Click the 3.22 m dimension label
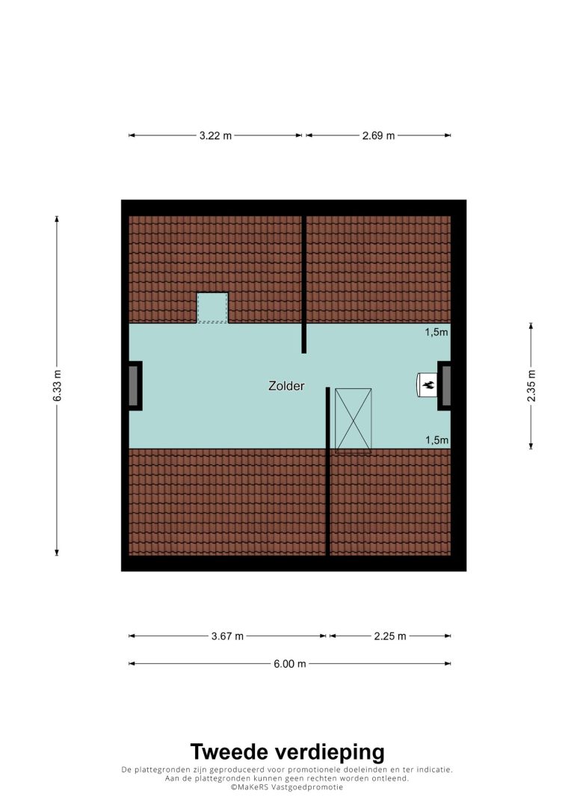215,135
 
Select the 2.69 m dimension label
378,135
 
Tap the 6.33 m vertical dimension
57,385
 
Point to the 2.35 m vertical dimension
531,386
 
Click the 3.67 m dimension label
227,636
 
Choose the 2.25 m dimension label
390,636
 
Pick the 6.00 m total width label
290,664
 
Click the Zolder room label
286,386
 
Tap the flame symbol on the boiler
428,385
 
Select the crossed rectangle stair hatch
353,420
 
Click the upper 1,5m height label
436,332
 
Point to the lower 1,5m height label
436,440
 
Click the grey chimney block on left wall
134,386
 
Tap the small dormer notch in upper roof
212,308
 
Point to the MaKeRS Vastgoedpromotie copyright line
287,787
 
